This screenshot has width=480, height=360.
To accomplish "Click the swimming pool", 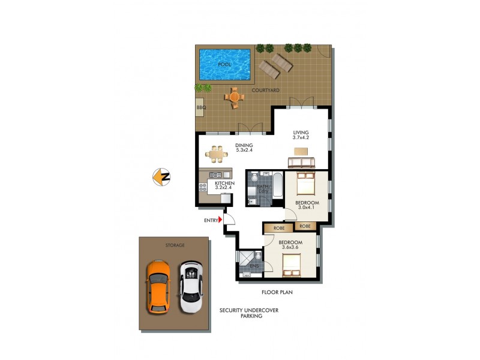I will (x=224, y=64).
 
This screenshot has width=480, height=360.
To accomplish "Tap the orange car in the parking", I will (x=158, y=286).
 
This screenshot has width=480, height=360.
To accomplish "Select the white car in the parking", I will (x=191, y=289).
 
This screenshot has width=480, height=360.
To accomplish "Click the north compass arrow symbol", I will (x=161, y=177).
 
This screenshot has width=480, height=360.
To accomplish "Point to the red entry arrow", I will (x=220, y=220).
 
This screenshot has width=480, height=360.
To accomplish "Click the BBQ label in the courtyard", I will (x=200, y=108).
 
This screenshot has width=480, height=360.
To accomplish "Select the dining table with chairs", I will (x=217, y=155).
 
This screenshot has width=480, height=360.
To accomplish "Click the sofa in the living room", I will (x=301, y=162).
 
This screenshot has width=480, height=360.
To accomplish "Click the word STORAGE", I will (x=175, y=245).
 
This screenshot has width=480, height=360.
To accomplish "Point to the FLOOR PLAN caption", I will (x=277, y=293).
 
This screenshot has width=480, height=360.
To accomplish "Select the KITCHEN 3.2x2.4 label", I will (x=217, y=185).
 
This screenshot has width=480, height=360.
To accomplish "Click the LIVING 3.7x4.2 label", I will (x=301, y=136).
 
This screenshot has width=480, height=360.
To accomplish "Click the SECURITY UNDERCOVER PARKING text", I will (x=249, y=313).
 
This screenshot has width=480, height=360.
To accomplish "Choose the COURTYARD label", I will (x=265, y=90).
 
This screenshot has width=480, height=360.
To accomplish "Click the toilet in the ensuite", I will (x=257, y=257).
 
